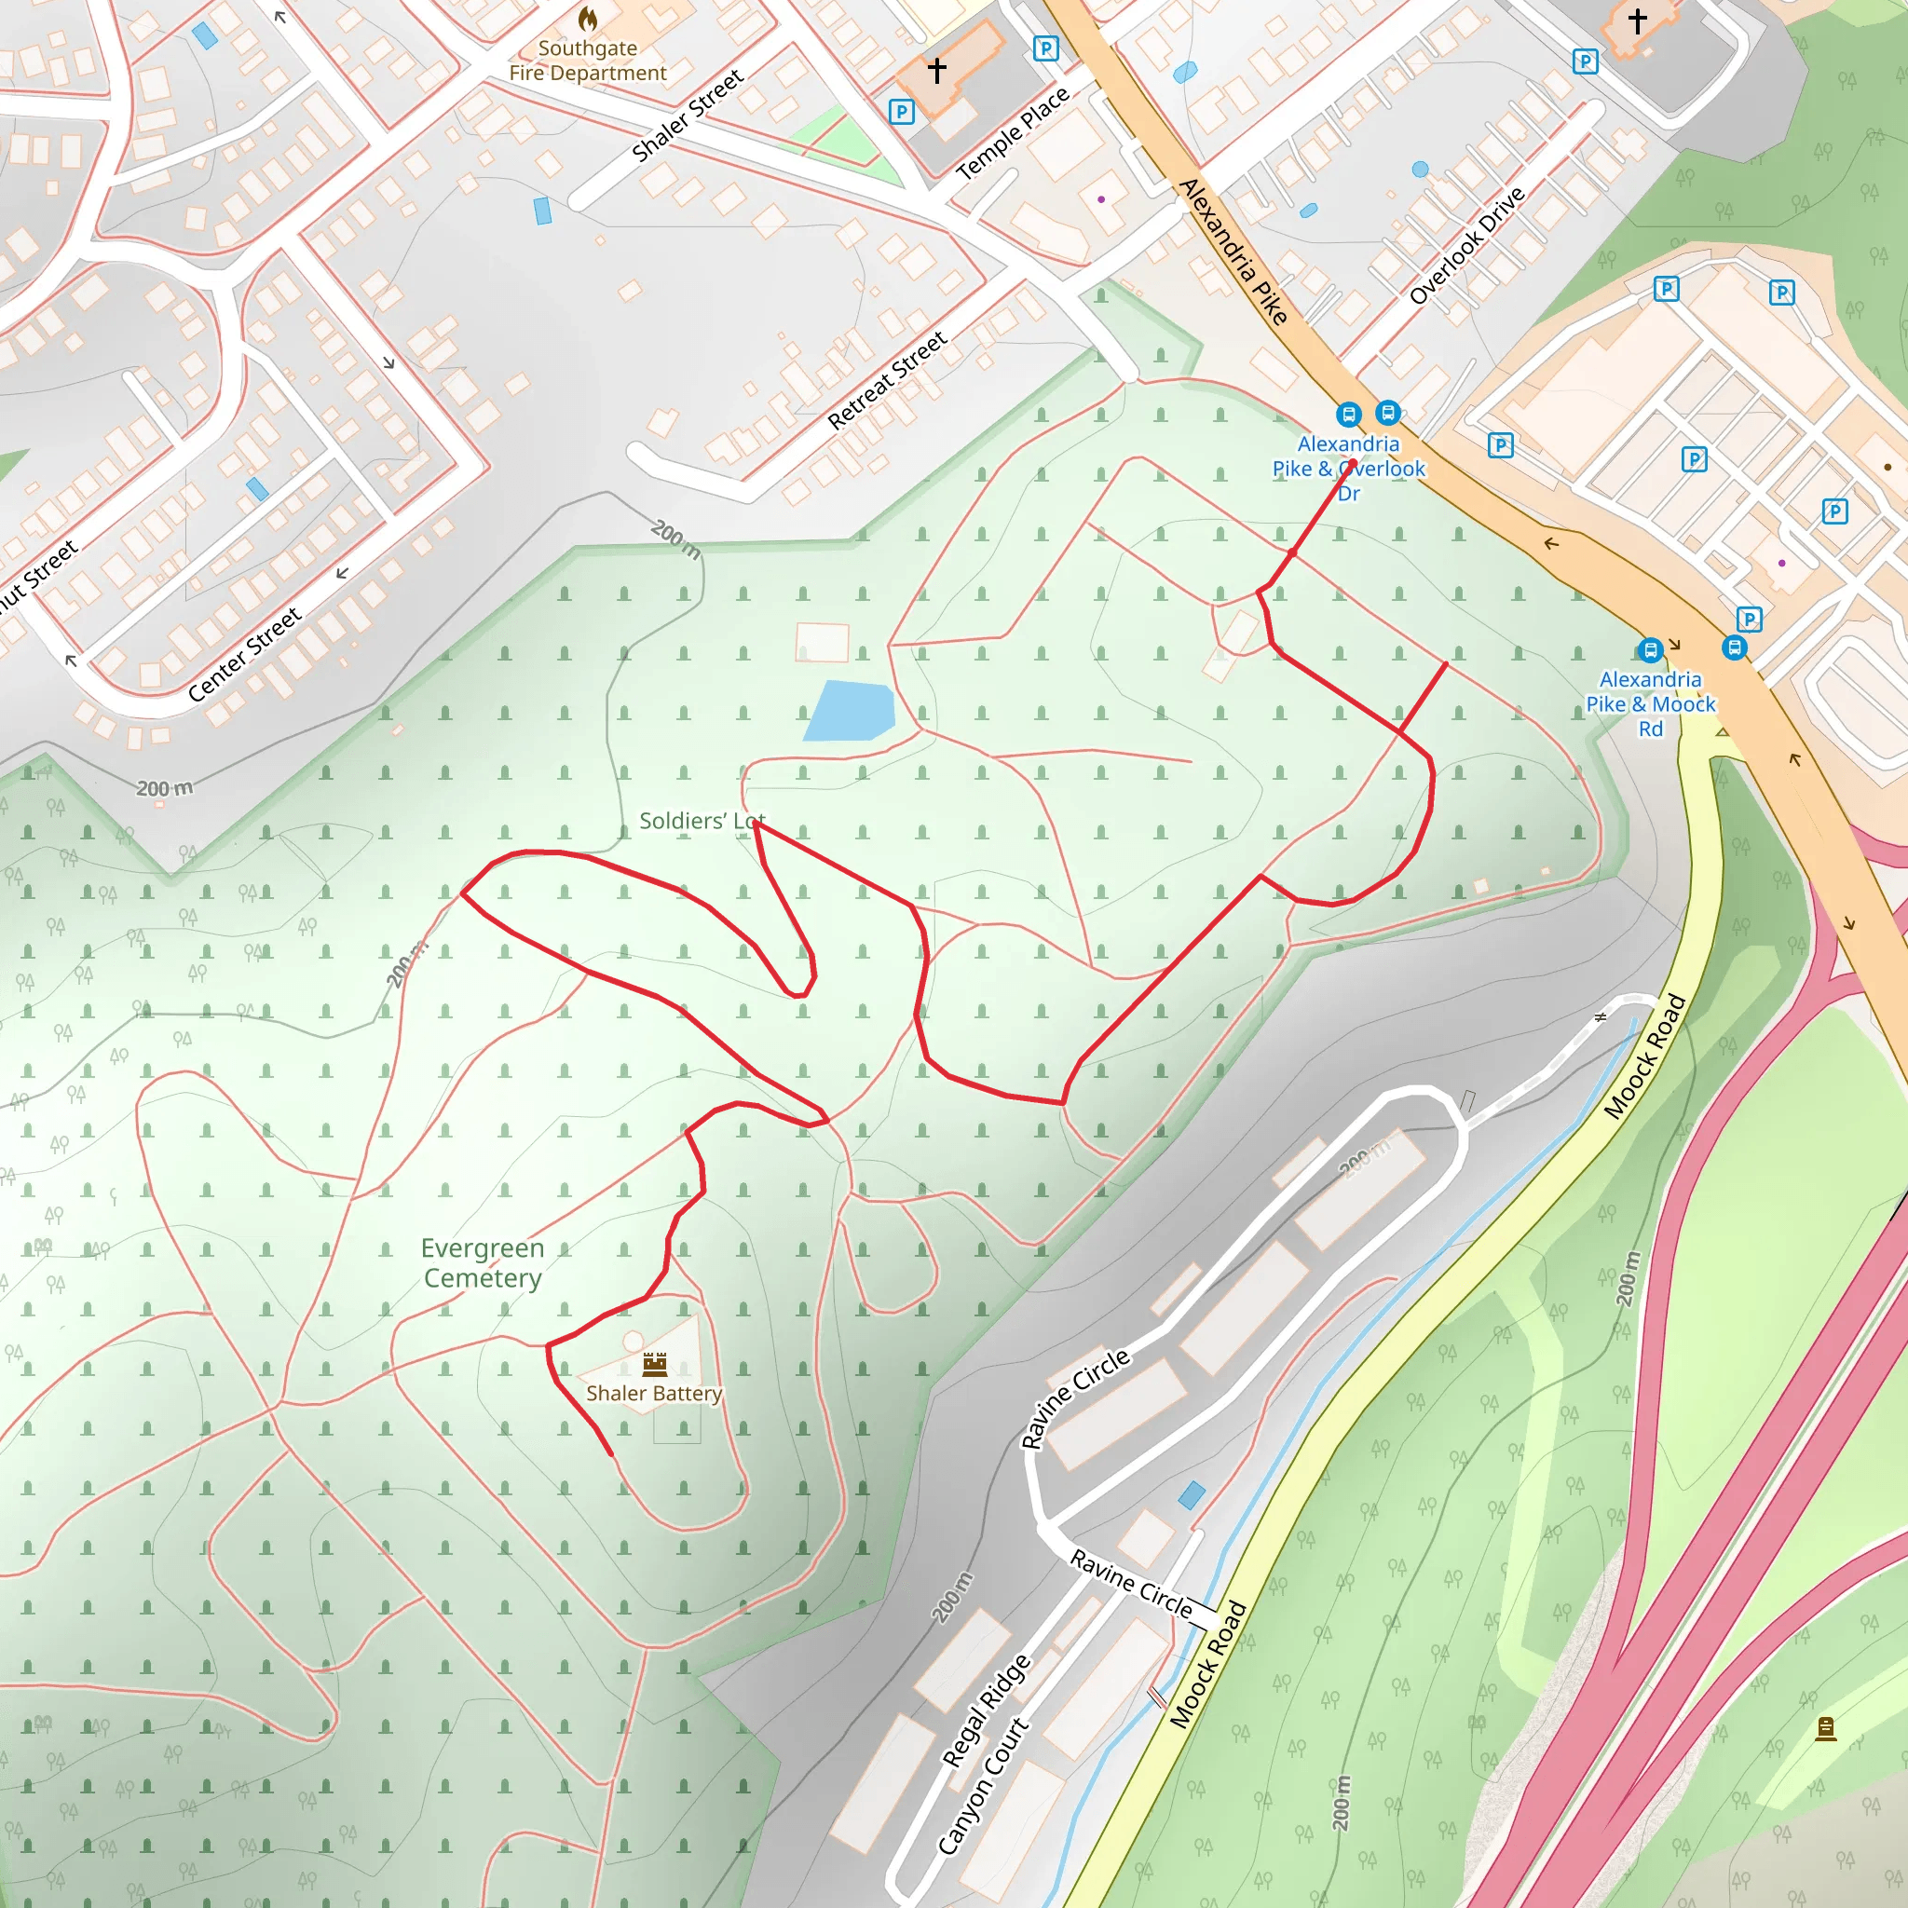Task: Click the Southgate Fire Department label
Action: pos(588,61)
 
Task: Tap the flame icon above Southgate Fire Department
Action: pos(588,18)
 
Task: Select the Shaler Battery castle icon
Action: pos(655,1364)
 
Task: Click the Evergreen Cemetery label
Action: pos(482,1263)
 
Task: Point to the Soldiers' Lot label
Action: pos(702,821)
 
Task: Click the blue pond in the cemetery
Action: pos(850,710)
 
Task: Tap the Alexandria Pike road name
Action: pos(1233,251)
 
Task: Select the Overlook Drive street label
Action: pos(1466,245)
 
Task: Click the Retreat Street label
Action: pos(887,380)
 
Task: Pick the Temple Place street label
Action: pos(1014,132)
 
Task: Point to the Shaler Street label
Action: pos(688,115)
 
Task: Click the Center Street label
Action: pos(244,655)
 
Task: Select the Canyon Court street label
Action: pos(982,1787)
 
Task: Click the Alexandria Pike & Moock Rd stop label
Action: pos(1650,704)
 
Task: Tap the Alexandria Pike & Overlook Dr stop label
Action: pos(1348,468)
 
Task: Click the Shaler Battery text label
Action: pos(654,1394)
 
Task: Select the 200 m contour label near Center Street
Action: pos(164,788)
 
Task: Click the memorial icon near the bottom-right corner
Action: pos(1826,1728)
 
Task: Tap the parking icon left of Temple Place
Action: pos(901,112)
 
